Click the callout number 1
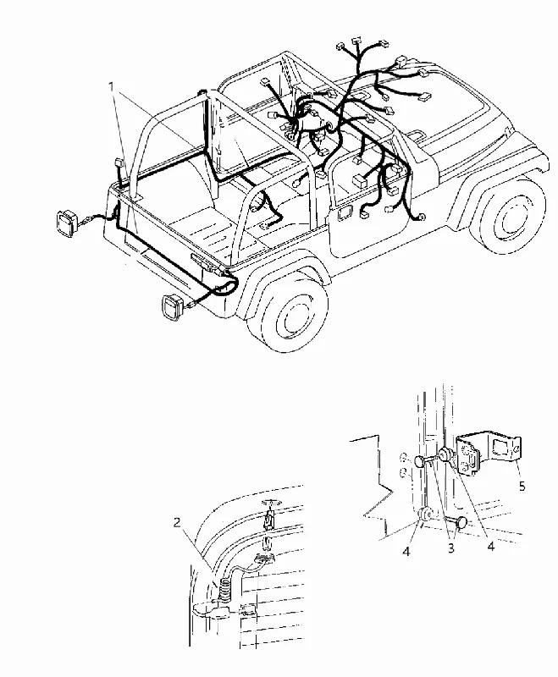tap(112, 87)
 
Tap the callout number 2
tap(177, 522)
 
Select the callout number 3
tap(451, 548)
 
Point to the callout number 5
tap(522, 487)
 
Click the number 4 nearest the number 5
tap(490, 546)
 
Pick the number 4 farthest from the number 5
tap(406, 552)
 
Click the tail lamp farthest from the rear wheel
tap(67, 224)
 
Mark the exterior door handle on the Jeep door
tap(345, 212)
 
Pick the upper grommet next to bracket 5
tap(445, 454)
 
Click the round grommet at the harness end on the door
tap(421, 217)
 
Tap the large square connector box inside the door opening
tap(359, 180)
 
